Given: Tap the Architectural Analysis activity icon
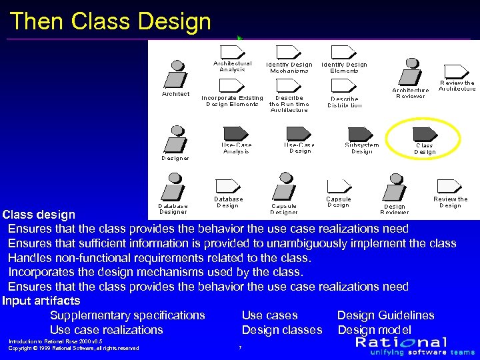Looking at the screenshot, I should [231, 52].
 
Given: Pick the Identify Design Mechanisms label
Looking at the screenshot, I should [289, 67].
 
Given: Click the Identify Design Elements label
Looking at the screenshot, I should [344, 67].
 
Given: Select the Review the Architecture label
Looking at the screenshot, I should [457, 86].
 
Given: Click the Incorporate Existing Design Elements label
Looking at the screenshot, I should [232, 101].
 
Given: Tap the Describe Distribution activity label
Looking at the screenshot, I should [345, 102].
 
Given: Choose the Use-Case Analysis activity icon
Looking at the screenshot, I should [234, 132].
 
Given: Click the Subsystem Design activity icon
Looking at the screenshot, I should [360, 132].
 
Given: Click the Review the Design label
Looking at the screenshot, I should [451, 202].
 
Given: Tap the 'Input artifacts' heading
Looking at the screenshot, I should [41, 301].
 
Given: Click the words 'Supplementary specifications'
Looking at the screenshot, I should [127, 315].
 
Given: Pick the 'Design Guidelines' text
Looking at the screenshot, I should [385, 315].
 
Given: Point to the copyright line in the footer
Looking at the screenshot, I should [73, 348].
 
